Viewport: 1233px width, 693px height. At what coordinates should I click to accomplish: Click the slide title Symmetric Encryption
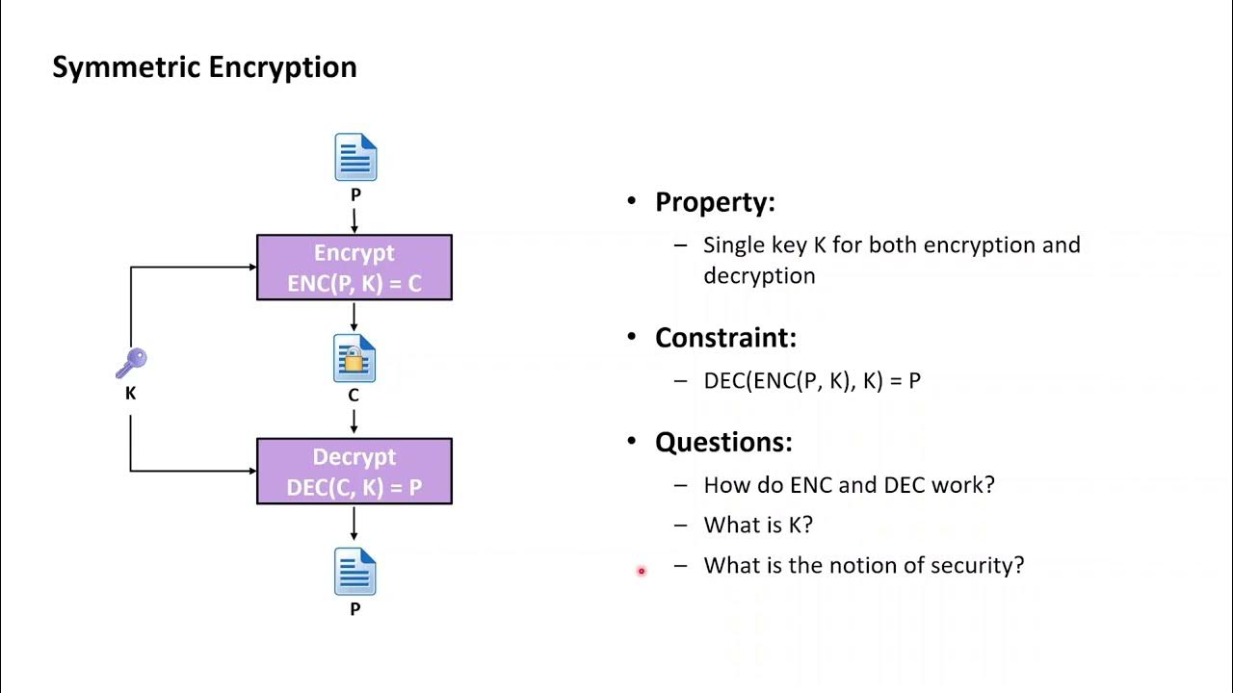coord(204,67)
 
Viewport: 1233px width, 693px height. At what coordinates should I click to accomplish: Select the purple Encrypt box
coord(354,268)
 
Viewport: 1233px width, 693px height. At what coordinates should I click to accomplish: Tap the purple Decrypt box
coord(354,472)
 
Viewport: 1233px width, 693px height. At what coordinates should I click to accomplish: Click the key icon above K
coord(131,364)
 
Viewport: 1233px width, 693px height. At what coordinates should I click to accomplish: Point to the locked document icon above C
coord(354,359)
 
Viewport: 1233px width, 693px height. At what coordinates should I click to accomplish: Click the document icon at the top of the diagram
coord(355,157)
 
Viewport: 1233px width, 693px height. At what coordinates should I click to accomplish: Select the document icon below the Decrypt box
coord(355,572)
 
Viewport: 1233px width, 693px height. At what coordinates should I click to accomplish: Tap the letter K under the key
coord(131,394)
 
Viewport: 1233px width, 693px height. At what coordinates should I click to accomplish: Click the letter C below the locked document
coord(354,396)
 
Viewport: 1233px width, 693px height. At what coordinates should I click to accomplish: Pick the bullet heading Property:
coord(715,202)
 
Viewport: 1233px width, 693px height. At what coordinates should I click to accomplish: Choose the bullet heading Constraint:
coord(725,338)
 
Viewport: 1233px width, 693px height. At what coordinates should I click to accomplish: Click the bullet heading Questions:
coord(723,442)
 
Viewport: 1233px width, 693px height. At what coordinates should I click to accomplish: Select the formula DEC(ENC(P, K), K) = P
coord(812,381)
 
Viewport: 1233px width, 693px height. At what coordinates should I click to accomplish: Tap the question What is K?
coord(758,526)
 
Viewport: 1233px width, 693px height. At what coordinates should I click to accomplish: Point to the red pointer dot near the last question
coord(641,572)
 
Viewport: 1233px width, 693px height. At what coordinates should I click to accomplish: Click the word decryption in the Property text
coord(759,276)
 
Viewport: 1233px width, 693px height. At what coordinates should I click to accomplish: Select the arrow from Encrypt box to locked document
coord(354,317)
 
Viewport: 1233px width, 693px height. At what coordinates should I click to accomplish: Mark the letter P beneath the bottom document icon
coord(355,609)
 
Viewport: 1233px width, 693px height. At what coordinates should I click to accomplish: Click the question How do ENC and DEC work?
coord(849,485)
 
